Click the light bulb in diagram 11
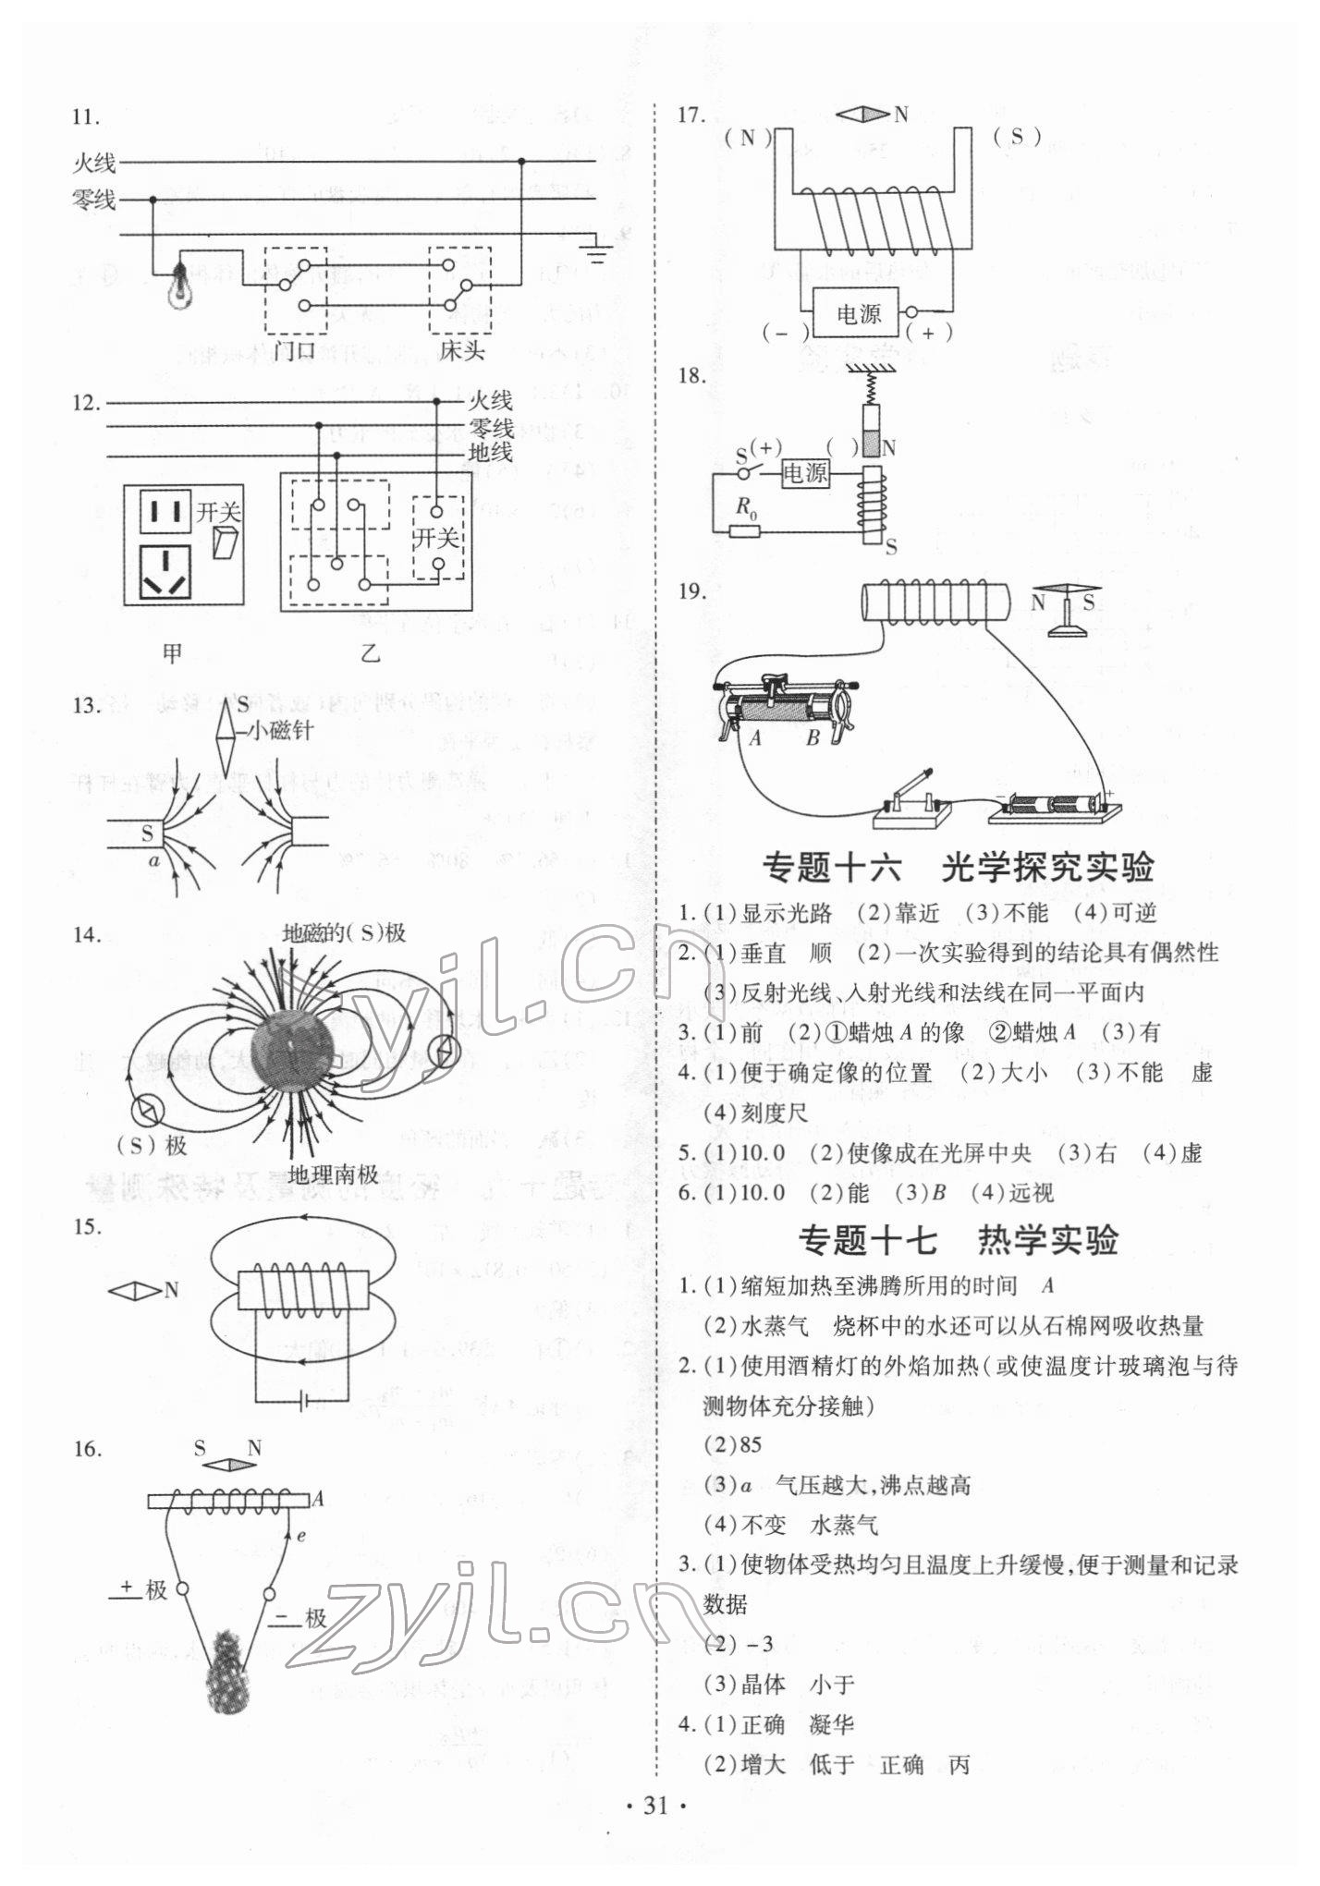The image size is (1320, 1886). (x=179, y=286)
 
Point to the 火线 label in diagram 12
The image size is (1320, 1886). (x=490, y=401)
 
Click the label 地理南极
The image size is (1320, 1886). (x=333, y=1174)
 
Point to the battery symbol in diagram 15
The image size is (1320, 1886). (x=303, y=1403)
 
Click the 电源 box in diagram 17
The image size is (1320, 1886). (x=858, y=314)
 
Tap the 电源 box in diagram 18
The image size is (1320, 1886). (x=805, y=474)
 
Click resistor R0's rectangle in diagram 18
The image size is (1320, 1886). (x=744, y=530)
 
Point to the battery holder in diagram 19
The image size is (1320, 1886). (x=1054, y=804)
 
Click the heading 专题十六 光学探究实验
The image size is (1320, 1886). (x=958, y=868)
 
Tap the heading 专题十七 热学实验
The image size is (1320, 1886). (x=958, y=1240)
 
